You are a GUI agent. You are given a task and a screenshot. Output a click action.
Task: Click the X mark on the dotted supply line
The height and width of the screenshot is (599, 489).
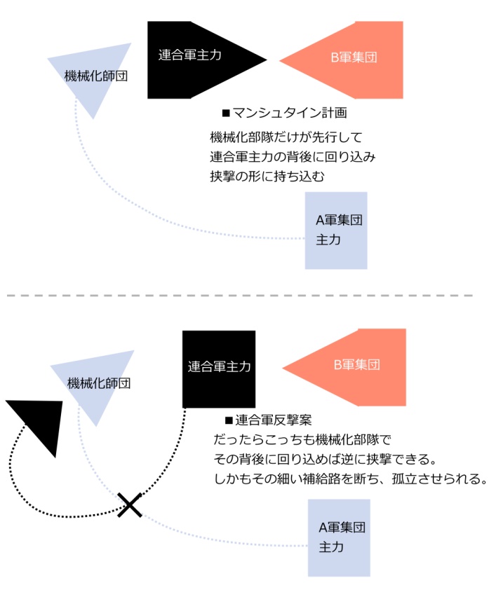129,504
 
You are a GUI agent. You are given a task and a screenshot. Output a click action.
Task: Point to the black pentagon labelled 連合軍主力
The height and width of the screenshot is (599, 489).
196,60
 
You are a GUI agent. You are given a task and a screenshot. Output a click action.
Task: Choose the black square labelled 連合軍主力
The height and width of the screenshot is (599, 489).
219,369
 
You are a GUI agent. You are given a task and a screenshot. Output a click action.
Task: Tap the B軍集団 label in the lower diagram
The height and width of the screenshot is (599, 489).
356,365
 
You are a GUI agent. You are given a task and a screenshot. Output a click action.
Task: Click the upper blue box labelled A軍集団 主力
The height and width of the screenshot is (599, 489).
336,230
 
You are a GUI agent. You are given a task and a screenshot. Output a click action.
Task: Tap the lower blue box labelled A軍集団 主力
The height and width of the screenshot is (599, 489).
340,537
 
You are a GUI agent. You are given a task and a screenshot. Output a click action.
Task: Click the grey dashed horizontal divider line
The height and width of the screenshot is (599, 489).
239,296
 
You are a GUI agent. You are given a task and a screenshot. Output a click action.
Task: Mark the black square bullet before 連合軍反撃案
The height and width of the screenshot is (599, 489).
227,420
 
